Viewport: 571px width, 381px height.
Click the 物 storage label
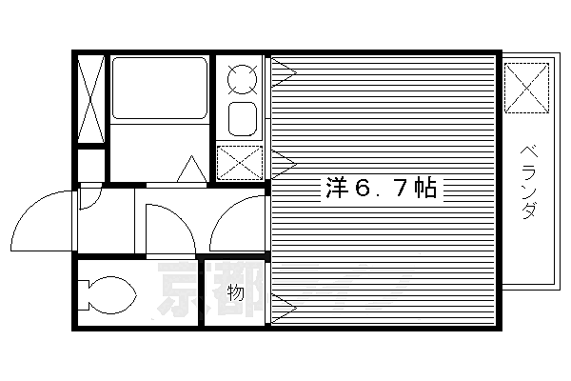coord(236,293)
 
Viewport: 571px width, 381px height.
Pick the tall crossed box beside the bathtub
coord(91,99)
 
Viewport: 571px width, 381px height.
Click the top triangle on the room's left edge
coord(283,70)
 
